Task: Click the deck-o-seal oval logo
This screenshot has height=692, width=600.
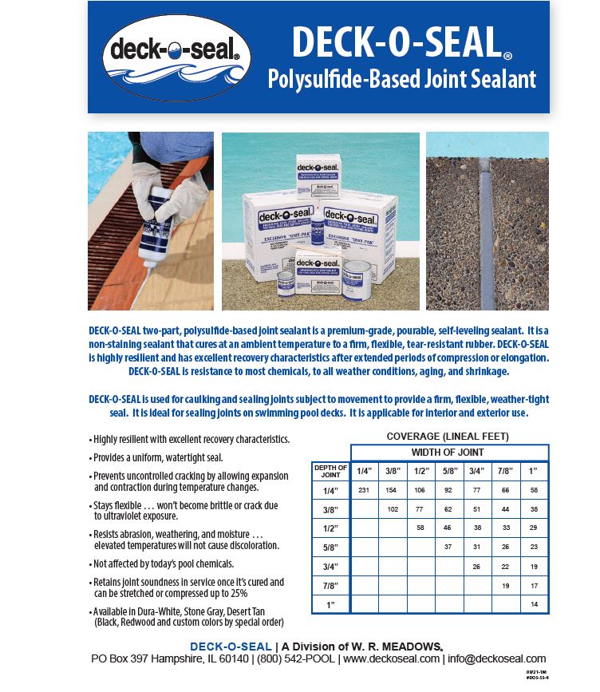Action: pyautogui.click(x=176, y=57)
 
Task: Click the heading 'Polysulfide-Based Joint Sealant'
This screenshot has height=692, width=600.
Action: pyautogui.click(x=401, y=80)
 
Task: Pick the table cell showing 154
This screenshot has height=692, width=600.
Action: pyautogui.click(x=392, y=489)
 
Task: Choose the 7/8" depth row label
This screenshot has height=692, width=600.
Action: pyautogui.click(x=330, y=585)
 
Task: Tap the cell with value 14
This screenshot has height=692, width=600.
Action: pyautogui.click(x=534, y=605)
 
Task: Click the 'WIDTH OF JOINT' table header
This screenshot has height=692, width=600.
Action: pyautogui.click(x=448, y=453)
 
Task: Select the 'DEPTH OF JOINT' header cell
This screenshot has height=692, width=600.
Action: pyautogui.click(x=330, y=471)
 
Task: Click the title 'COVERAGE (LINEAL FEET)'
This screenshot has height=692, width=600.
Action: pyautogui.click(x=447, y=436)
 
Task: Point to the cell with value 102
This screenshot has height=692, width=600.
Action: pyautogui.click(x=392, y=508)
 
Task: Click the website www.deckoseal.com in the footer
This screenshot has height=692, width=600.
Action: pyautogui.click(x=392, y=658)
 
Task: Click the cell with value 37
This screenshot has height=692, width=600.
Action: pyautogui.click(x=448, y=547)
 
